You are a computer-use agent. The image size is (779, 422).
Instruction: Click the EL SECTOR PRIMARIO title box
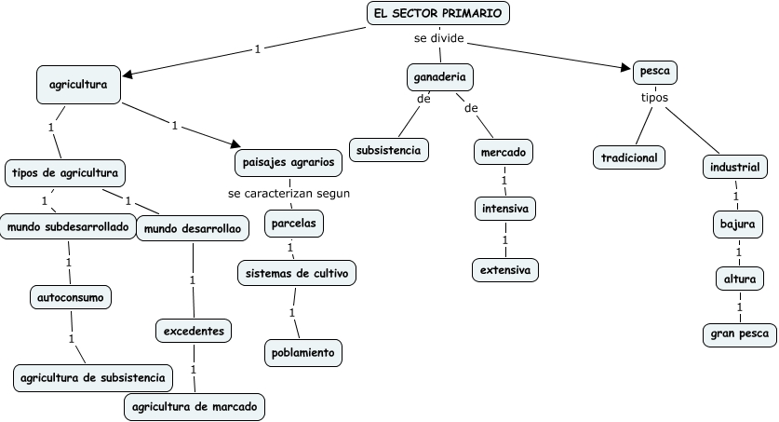coord(437,13)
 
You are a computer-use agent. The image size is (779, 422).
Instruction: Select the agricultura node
coord(78,85)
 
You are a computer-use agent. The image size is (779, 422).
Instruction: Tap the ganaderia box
coord(440,76)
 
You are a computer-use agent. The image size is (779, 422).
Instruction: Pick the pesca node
coord(654,71)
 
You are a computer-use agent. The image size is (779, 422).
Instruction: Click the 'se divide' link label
coord(439,39)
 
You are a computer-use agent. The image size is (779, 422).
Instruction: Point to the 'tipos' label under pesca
coord(654,96)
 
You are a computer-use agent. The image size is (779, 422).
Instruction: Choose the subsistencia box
coord(389,149)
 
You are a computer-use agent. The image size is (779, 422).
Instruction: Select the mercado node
coord(504,151)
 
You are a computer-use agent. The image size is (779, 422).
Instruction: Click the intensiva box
coord(504,209)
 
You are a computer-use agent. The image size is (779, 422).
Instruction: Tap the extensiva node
coord(504,270)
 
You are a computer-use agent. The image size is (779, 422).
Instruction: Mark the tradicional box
coord(629,157)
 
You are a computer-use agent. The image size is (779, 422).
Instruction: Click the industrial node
coord(734,168)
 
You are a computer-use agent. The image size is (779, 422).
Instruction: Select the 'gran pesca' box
coord(738,334)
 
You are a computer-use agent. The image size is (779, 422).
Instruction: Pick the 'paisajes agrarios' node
coord(289,162)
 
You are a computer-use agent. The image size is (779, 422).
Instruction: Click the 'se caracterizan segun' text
coord(289,194)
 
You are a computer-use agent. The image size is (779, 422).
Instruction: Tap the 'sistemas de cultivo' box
coord(296,273)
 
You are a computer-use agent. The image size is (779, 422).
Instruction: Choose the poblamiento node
coord(302,353)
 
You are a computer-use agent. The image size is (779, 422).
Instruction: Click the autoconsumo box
coord(70,297)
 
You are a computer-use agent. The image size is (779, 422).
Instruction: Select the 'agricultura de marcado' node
coord(195,407)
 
